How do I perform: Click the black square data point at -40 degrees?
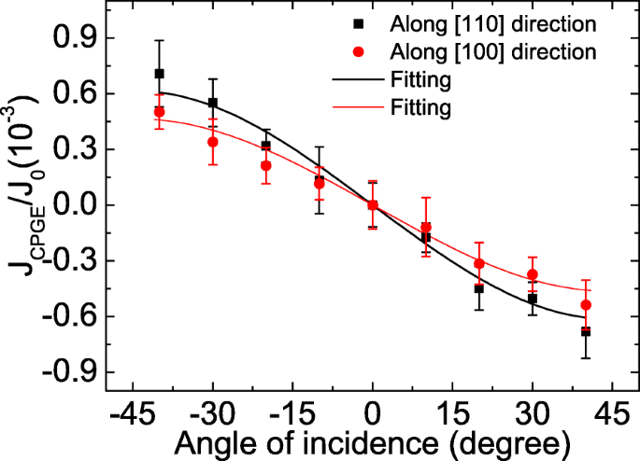159,74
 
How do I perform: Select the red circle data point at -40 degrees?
159,112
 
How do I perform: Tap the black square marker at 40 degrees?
586,331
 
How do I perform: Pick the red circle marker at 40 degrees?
586,305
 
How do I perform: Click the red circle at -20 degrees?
266,166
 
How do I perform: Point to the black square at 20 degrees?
479,288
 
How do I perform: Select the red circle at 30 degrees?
533,274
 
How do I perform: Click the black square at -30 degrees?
213,103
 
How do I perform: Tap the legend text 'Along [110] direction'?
482,20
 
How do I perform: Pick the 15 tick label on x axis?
452,412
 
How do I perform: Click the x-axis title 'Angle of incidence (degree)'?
372,441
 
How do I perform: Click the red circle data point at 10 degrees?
426,227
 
